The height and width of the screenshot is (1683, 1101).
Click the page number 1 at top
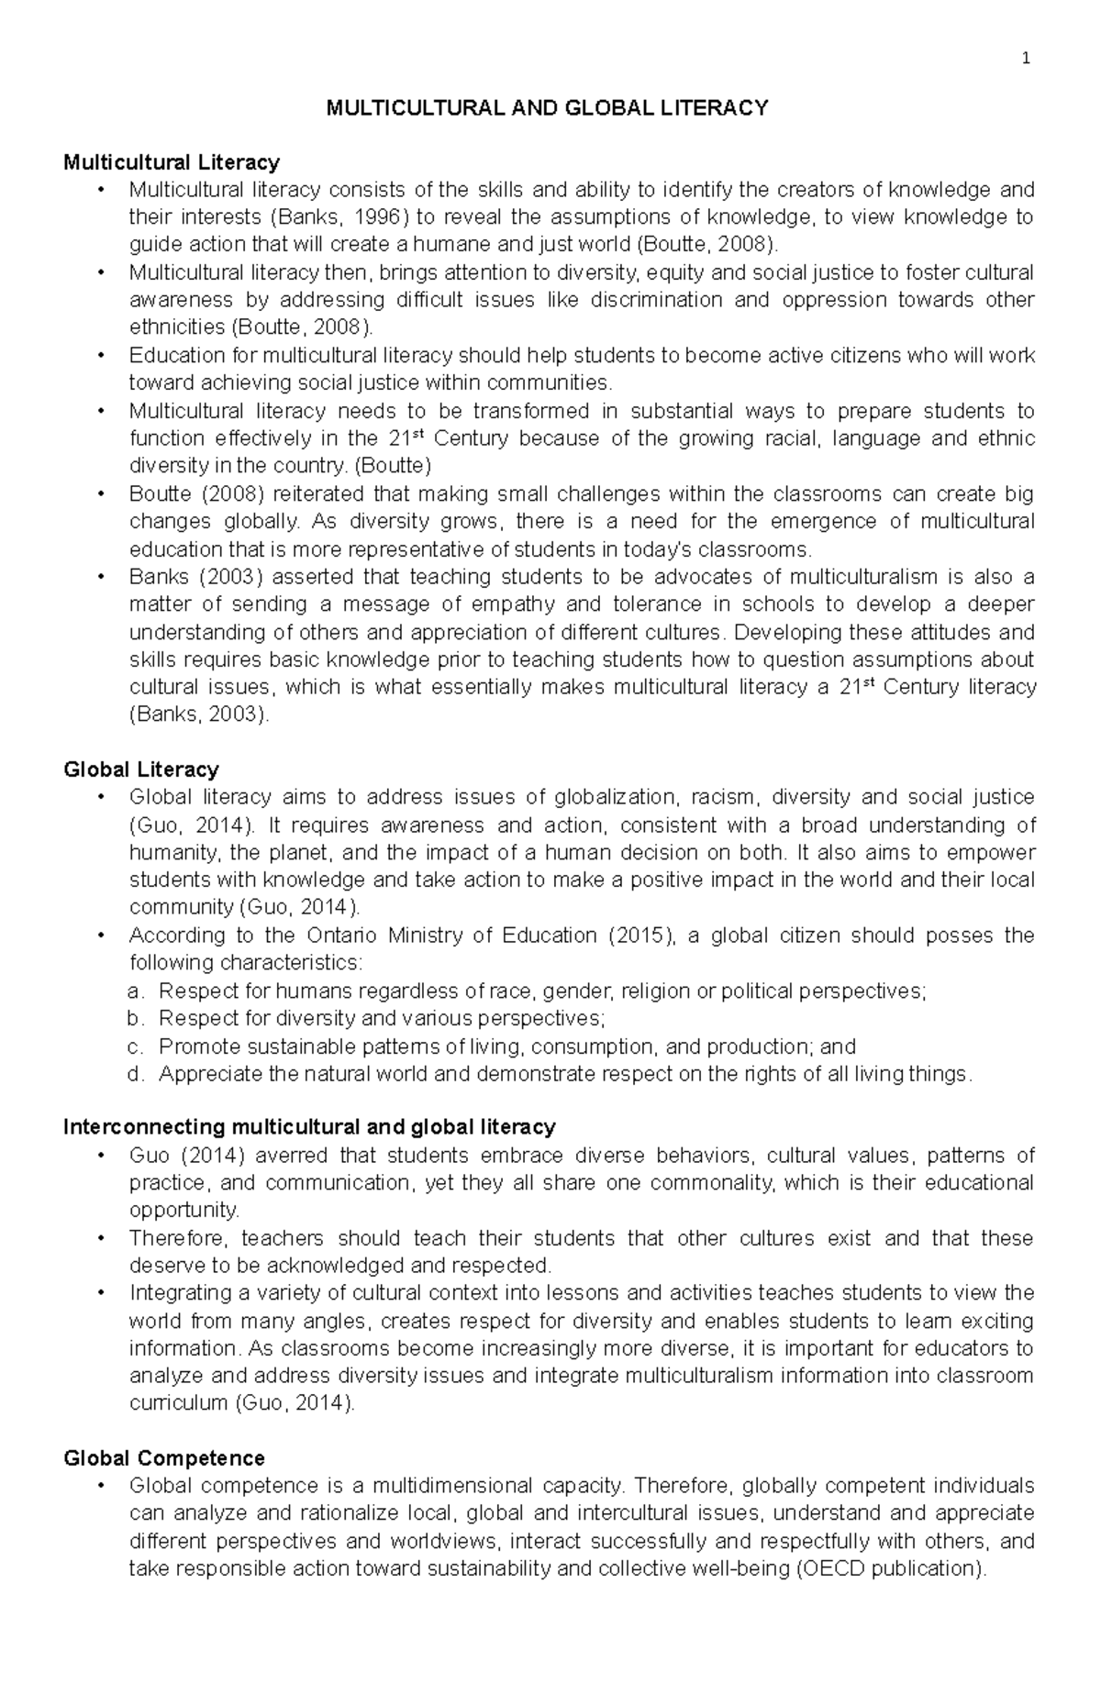coord(1027,60)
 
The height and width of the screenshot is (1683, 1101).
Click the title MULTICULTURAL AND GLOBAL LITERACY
coord(548,108)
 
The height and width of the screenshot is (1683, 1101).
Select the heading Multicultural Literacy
coord(171,162)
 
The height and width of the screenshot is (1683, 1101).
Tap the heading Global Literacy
coord(140,769)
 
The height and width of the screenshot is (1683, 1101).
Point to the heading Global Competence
coord(163,1457)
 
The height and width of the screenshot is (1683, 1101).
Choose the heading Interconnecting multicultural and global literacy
coord(309,1126)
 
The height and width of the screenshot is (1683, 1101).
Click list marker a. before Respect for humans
coord(136,991)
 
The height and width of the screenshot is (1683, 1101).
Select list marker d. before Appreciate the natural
coord(136,1074)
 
